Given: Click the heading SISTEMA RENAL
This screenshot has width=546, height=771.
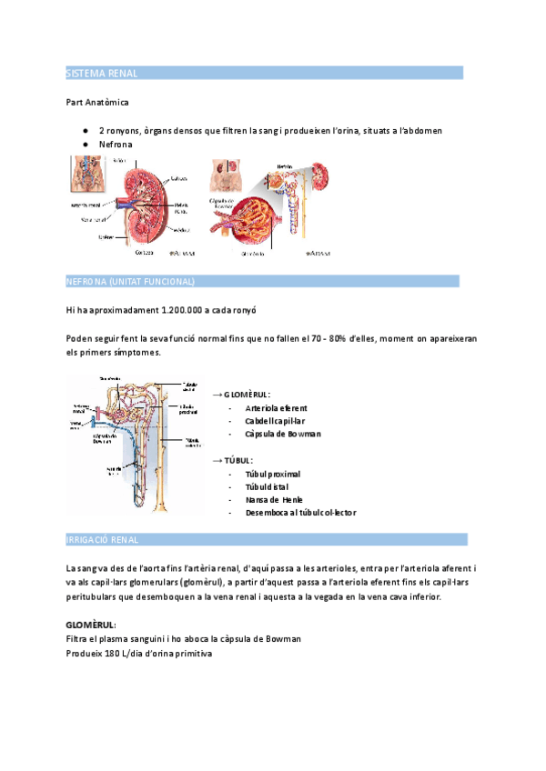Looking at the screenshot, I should coord(102,73).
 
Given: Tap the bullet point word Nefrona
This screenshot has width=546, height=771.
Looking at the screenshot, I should coord(116,145).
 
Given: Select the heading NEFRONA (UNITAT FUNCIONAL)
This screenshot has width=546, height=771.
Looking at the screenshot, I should coord(130,281).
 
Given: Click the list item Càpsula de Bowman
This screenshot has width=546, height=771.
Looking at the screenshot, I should coord(283,434).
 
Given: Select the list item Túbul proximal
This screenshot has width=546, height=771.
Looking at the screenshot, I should coord(272,474).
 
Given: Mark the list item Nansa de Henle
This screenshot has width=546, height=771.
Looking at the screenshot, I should coord(274,499).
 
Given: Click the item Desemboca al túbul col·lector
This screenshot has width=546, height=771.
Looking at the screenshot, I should coord(300,512).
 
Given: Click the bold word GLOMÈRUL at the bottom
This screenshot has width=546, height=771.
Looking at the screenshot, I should coord(90,626).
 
